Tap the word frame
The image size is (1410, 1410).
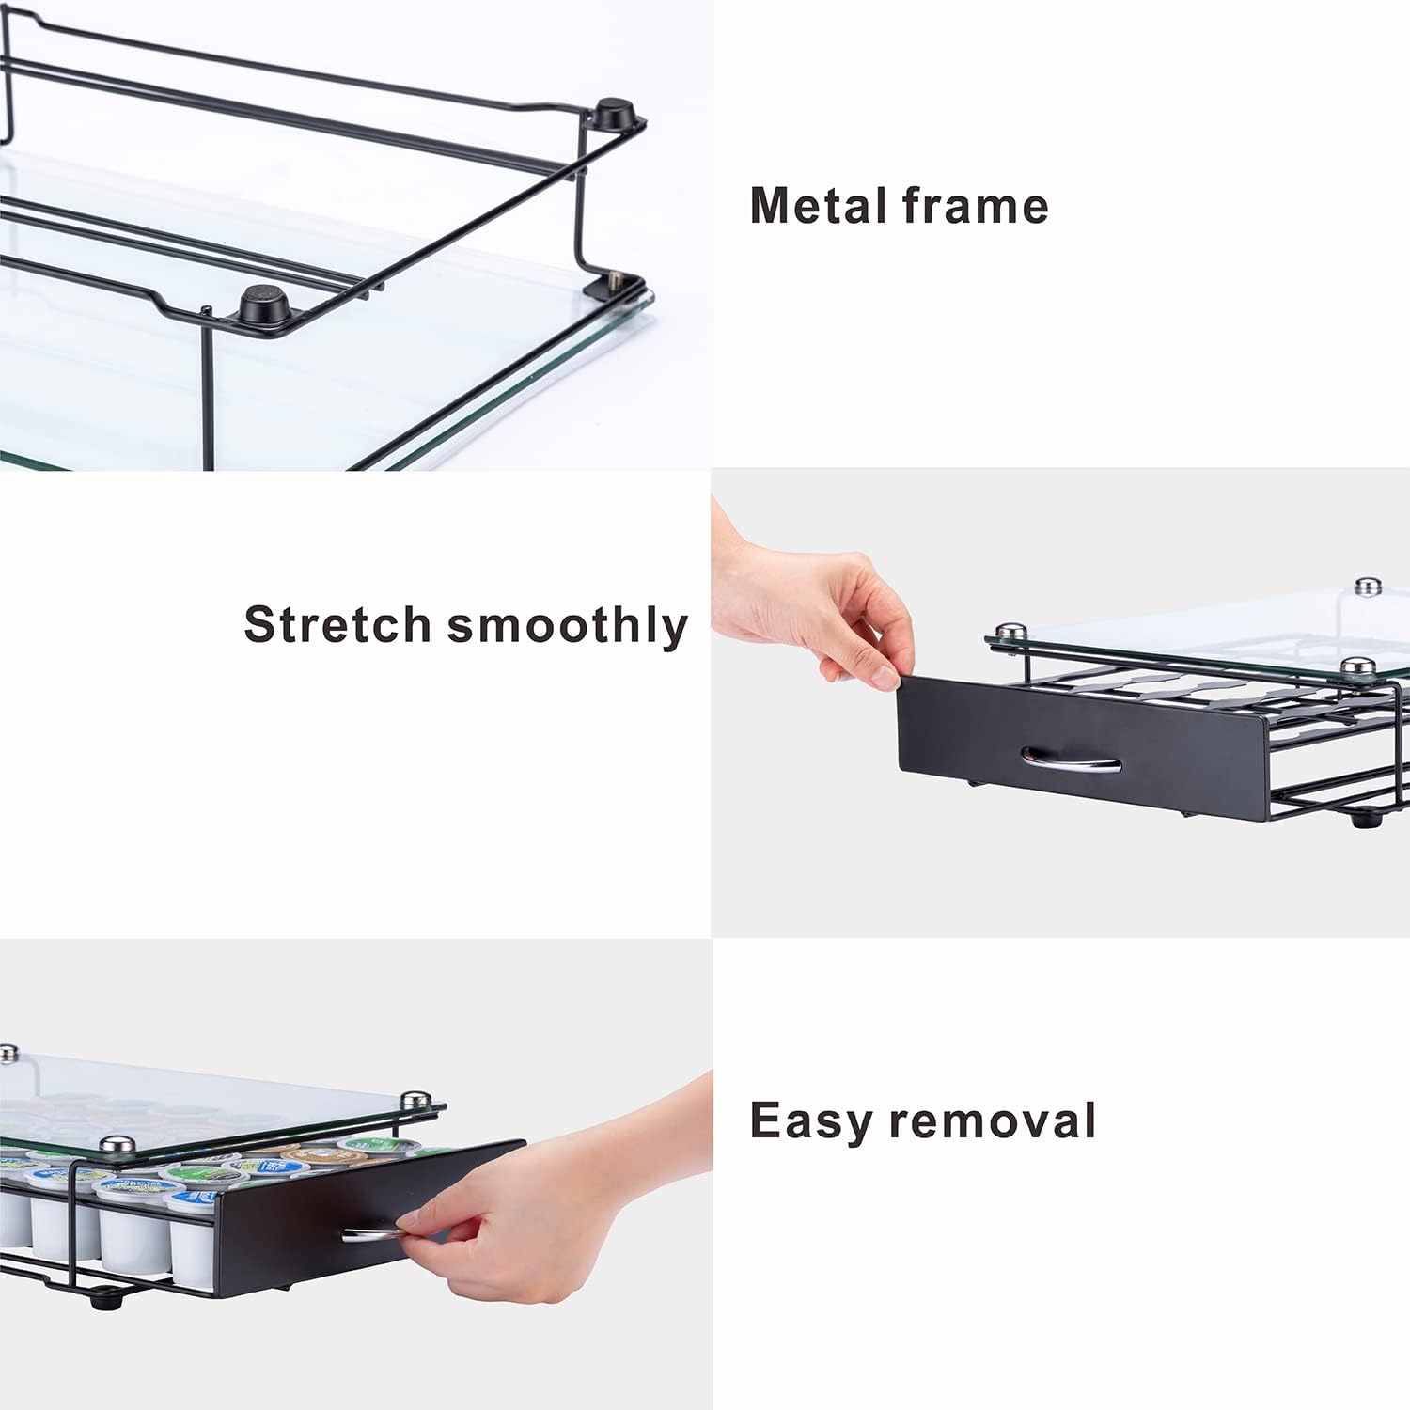975,205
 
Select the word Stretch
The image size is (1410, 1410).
337,624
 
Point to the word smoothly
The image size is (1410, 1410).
567,626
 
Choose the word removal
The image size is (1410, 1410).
993,1120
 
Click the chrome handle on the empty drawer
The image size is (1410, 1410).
1071,759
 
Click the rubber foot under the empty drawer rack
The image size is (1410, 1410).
1359,818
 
